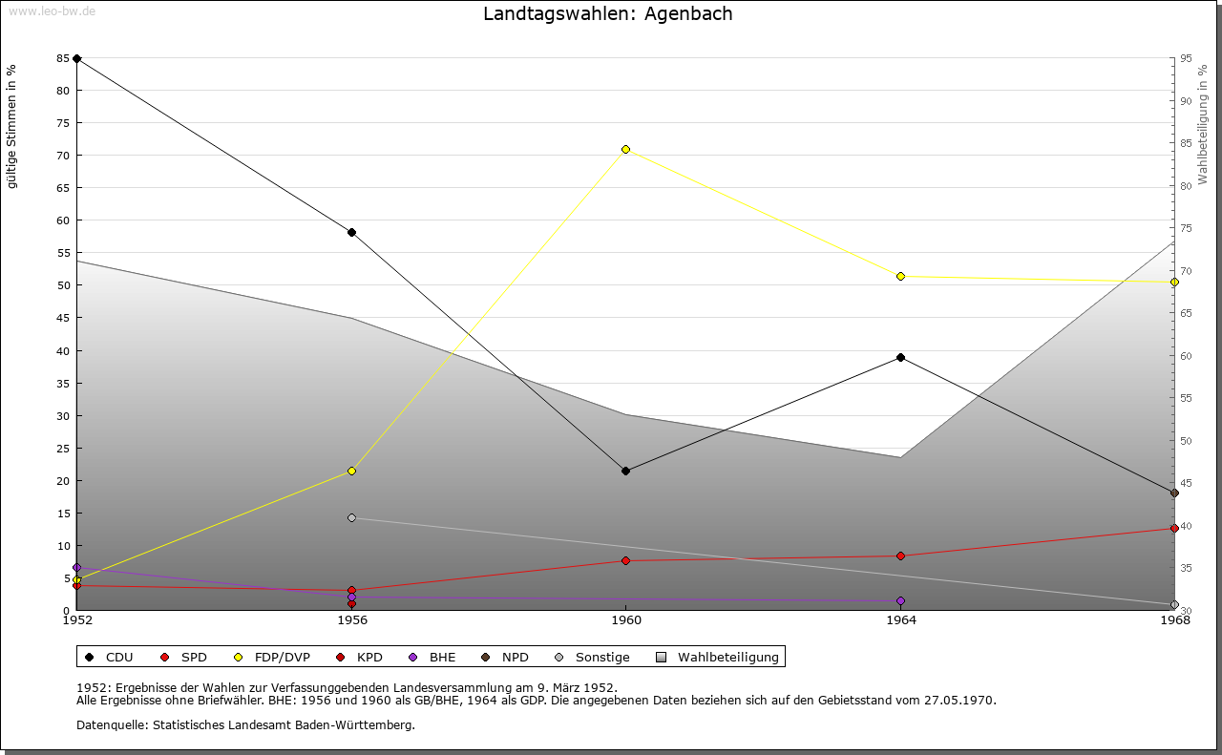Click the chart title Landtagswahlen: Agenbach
pos(608,14)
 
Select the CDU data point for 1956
pos(351,232)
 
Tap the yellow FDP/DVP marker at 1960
pos(625,149)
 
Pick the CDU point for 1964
pos(900,357)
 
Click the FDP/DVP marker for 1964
pos(900,276)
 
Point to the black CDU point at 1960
pos(625,471)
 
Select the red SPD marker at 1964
pos(900,556)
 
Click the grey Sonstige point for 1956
pos(351,517)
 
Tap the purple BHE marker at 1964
pos(900,600)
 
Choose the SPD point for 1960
pos(625,560)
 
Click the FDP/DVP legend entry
pos(273,657)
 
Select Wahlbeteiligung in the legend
pos(718,657)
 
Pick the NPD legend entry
pos(505,657)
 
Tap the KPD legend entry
pos(360,657)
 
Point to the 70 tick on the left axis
pos(62,156)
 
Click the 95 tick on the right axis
pos(1185,58)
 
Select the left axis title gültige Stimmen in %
pos(12,127)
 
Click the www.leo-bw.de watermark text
pos(52,10)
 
